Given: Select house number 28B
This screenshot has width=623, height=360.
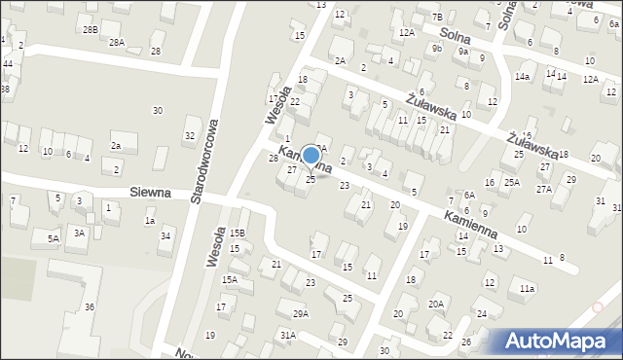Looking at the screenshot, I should [91, 30].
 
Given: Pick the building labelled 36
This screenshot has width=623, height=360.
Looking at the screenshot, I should [90, 307].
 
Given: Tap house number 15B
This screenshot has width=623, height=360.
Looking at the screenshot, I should [237, 233].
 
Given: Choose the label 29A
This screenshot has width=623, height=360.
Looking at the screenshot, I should [300, 313].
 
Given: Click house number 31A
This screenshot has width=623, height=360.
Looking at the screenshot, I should [288, 335].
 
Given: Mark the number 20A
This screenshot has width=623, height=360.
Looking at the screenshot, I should [436, 305].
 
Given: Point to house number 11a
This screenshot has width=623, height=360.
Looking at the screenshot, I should [527, 289].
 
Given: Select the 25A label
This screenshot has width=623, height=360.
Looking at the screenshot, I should [511, 182].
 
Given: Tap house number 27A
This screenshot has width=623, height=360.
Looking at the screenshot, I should [542, 189].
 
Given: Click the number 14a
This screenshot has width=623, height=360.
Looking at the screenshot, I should [523, 76].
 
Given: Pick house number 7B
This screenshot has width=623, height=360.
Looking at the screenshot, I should [437, 17].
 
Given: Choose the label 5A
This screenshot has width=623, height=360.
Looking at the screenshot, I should [54, 237].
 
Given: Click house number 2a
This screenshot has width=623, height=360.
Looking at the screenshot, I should [115, 146].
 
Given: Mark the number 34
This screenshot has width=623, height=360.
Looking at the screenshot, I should [165, 235].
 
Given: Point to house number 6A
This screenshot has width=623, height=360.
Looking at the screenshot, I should [469, 196].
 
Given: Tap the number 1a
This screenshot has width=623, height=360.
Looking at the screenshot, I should [150, 221].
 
